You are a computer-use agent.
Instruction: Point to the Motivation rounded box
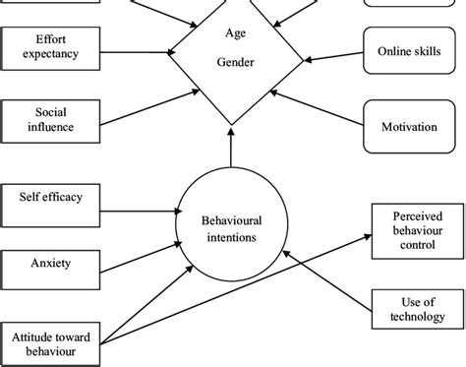click(x=406, y=126)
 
